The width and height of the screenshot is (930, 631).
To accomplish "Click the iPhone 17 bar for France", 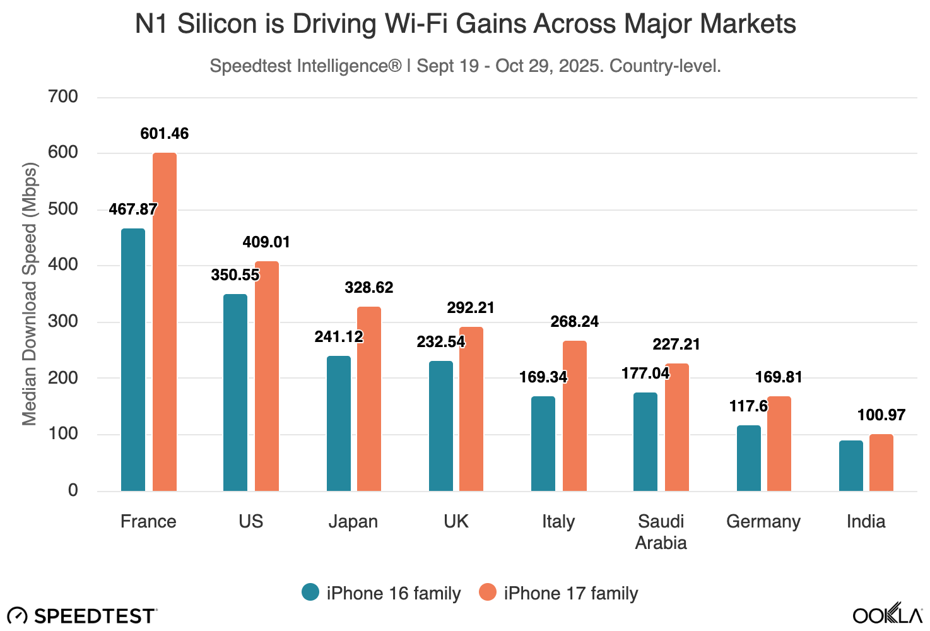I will point(165,322).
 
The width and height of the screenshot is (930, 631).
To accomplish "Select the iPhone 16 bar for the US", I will point(235,392).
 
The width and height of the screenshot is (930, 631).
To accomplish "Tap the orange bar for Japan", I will point(369,399).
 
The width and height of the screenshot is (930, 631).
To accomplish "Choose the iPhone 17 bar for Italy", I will point(574,416).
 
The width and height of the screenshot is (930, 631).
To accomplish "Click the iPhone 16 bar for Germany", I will point(748,458).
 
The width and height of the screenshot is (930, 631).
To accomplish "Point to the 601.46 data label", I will point(164,134).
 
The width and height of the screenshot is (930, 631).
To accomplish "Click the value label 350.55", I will point(235,275).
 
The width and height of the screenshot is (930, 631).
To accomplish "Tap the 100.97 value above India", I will point(881,415).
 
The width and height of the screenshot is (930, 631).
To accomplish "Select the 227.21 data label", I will point(676,345).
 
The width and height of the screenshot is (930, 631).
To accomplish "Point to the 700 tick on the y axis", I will point(63,97).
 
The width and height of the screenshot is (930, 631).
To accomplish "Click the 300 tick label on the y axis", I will point(63,321).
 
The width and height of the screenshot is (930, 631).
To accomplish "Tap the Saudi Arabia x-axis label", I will point(661,532).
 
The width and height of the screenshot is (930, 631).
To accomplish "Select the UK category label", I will point(456,522).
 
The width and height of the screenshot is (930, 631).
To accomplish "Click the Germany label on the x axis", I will point(763,522).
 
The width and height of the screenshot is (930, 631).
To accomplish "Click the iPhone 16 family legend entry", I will point(382,593).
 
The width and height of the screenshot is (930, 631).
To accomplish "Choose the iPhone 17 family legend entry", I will point(559,593).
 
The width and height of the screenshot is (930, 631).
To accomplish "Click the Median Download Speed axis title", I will point(30,294).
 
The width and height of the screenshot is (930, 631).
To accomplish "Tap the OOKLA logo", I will point(887,615).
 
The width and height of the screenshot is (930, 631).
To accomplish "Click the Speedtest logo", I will point(82,616).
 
